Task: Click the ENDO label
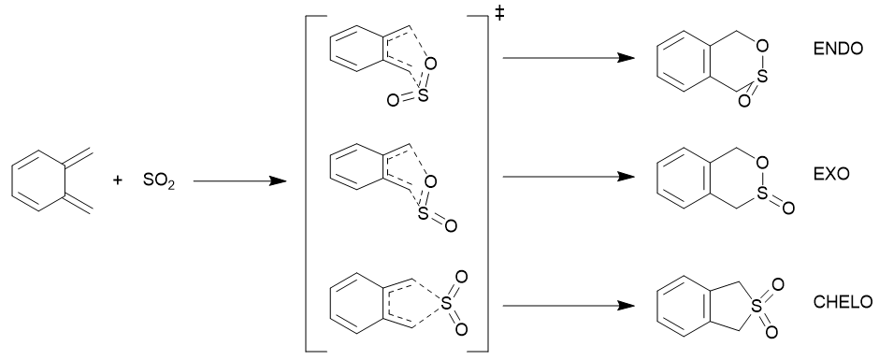(838, 49)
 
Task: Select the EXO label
(831, 174)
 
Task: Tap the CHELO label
(843, 302)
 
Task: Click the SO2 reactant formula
(159, 181)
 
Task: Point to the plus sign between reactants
(117, 180)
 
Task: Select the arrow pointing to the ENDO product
(569, 58)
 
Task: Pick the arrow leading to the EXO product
(569, 177)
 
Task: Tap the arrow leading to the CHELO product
(569, 306)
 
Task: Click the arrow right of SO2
(240, 181)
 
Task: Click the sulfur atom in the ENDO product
(761, 79)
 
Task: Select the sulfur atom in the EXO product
(761, 193)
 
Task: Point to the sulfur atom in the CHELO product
(757, 306)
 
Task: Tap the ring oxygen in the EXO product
(761, 163)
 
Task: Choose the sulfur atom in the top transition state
(423, 95)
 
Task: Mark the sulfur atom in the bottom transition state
(446, 303)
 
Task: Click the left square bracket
(307, 183)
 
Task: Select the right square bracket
(486, 183)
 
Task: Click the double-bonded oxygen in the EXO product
(788, 209)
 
